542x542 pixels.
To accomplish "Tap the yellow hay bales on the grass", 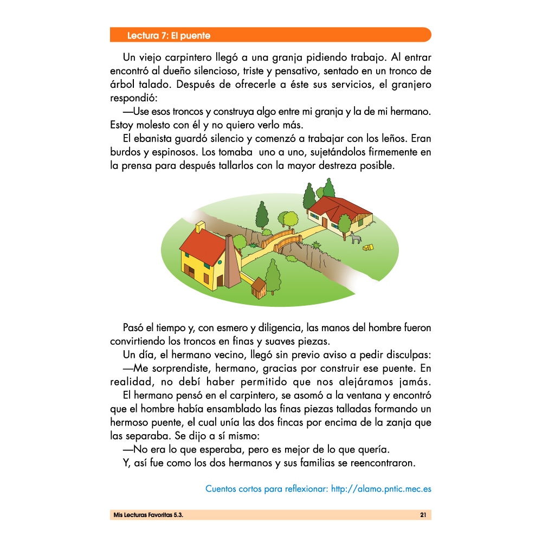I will [x=369, y=248].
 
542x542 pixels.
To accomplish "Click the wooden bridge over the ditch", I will [x=281, y=239].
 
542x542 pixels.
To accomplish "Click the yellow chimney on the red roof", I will [x=200, y=227].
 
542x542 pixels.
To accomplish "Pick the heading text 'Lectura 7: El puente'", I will [x=169, y=36].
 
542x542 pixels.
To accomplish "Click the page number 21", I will [x=423, y=515].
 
